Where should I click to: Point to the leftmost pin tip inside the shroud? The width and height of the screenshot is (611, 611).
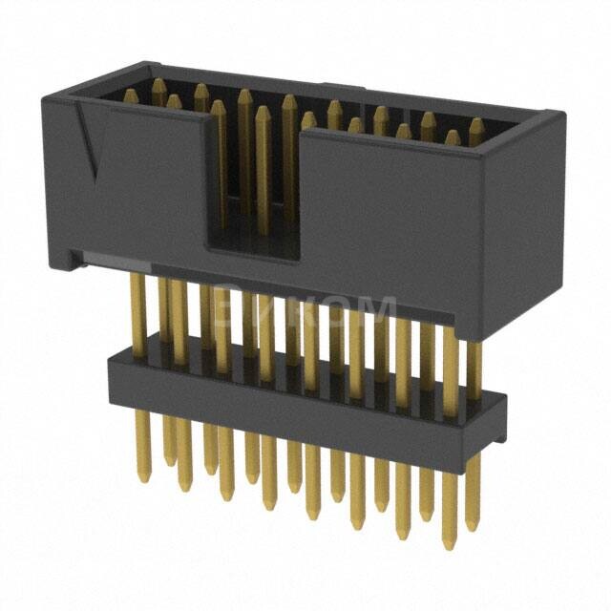132,94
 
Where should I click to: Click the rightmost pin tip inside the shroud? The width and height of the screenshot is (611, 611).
474,125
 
